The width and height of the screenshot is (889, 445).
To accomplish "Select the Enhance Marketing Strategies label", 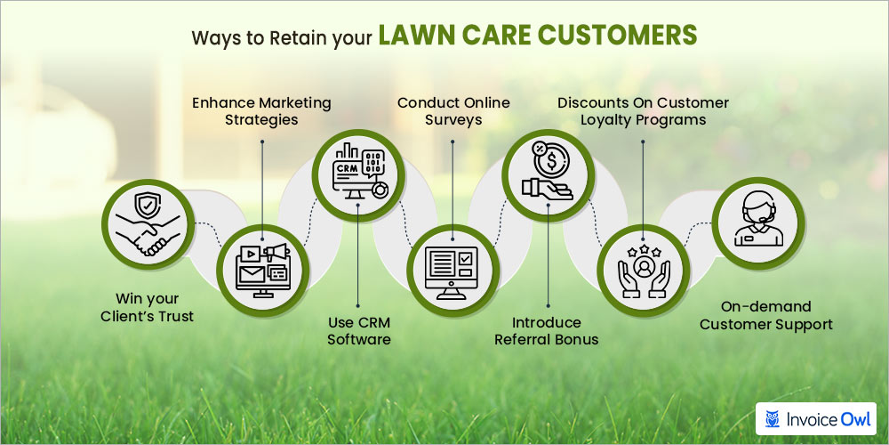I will [x=261, y=111].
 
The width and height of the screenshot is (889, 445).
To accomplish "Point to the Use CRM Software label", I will [x=358, y=330].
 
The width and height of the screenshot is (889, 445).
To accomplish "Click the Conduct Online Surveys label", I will [x=453, y=111].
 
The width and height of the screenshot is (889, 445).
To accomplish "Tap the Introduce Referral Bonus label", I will [x=548, y=330].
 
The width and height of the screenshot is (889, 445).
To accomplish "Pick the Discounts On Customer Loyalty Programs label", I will [x=643, y=111].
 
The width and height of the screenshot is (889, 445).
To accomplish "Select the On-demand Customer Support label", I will [x=766, y=315].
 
